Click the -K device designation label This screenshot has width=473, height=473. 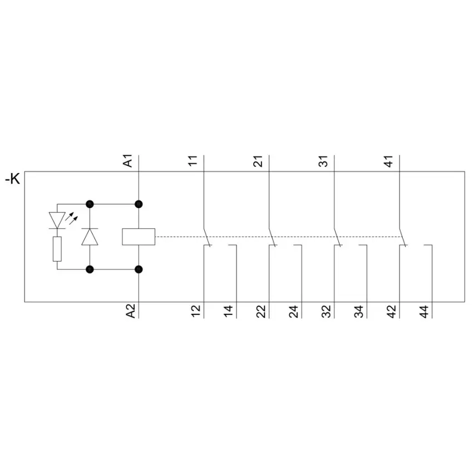coord(13,179)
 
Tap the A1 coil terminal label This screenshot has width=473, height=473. coord(128,160)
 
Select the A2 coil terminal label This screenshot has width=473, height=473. coord(131,311)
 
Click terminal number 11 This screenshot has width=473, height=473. coord(193,161)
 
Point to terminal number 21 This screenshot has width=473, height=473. coord(258,161)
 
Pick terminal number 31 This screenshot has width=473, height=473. coord(323,161)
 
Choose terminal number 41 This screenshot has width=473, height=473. coord(388,161)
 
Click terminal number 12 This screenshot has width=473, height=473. coord(196,311)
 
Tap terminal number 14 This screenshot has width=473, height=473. coord(228,311)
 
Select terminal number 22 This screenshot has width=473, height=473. coord(261,311)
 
